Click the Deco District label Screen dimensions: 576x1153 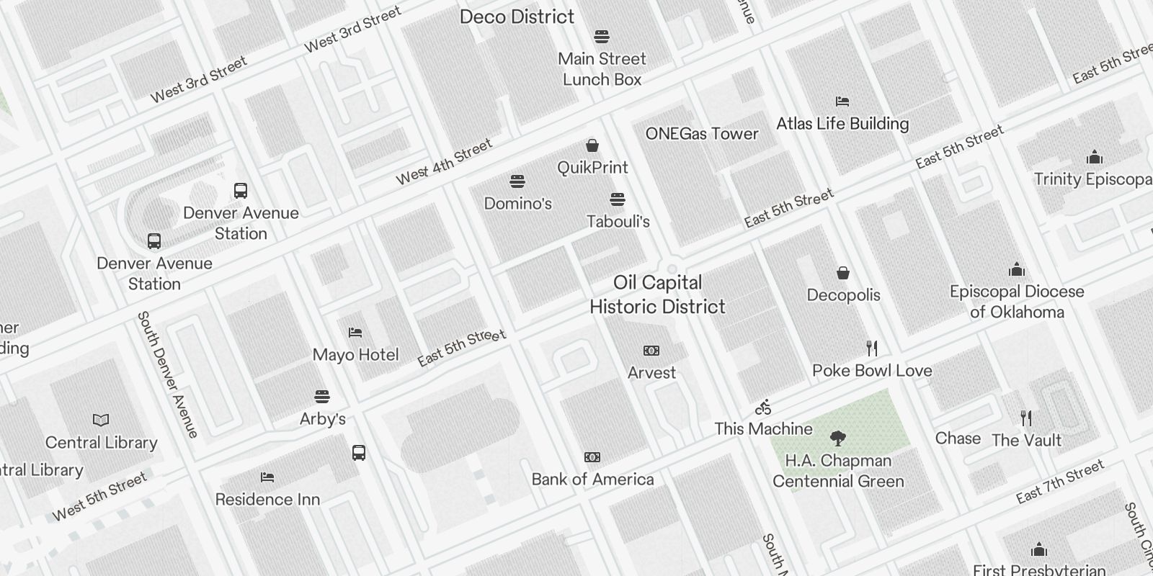517,17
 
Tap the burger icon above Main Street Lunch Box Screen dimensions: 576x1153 602,37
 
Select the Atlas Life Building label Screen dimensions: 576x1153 842,123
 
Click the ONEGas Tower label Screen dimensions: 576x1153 702,133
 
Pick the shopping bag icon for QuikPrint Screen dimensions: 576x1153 592,145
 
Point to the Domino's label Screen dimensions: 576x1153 517,203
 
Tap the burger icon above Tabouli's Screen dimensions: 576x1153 618,199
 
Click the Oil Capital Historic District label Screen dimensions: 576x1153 657,294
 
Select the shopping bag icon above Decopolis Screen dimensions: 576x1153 843,273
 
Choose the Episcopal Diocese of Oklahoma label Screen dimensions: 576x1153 1017,302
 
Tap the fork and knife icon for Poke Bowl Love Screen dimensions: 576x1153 872,348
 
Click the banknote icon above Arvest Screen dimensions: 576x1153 651,351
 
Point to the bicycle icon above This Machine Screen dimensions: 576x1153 763,408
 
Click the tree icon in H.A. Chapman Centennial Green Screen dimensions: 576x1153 837,438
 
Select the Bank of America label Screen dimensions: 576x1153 592,479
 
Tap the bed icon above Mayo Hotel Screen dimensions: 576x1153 355,333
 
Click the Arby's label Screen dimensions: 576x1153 322,418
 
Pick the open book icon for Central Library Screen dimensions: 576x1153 101,420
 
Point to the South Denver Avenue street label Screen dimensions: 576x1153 167,374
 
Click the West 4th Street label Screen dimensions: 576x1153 444,161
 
